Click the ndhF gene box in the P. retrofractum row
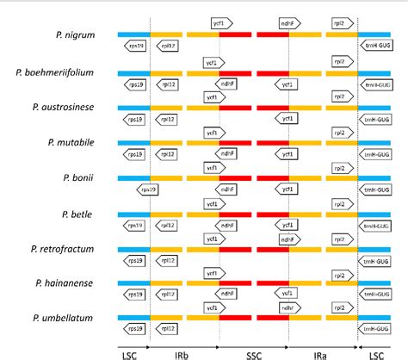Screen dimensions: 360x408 pos(290,236)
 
